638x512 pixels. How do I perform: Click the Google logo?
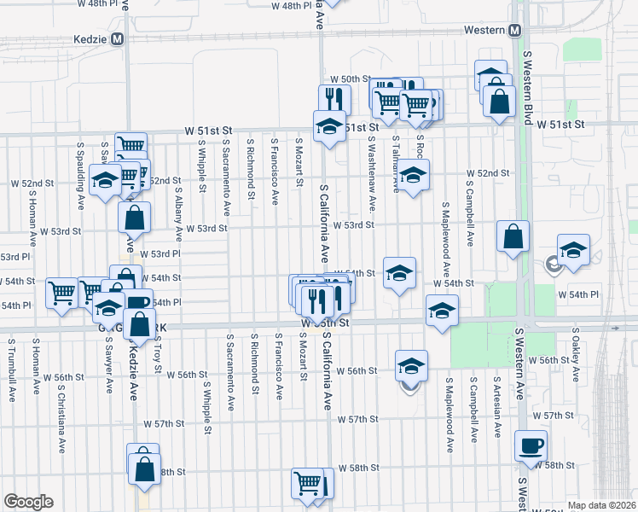(29, 502)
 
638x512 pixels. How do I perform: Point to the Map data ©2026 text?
(600, 505)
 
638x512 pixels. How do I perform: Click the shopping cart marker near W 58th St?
(308, 484)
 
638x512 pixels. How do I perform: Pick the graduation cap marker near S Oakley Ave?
(573, 251)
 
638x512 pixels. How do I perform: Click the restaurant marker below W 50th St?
(334, 100)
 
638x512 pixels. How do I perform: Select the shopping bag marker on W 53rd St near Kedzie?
(135, 218)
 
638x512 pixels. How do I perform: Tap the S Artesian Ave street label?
(496, 404)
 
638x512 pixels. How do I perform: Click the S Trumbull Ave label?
(11, 370)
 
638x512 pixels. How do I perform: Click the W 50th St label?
(377, 79)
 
